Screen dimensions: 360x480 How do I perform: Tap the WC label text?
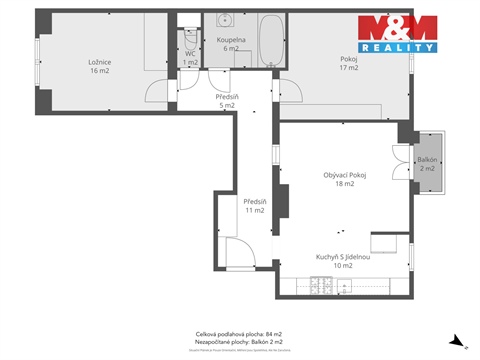(x=190, y=56)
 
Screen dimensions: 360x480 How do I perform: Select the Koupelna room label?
(x=228, y=43)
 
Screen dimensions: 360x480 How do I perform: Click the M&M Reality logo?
(x=397, y=34)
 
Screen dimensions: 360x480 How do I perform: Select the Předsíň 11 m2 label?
(x=253, y=205)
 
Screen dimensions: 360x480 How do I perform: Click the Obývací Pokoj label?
(x=345, y=179)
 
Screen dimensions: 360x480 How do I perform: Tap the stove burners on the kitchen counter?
(x=322, y=287)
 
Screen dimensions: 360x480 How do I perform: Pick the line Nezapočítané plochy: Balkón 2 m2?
(x=239, y=343)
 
